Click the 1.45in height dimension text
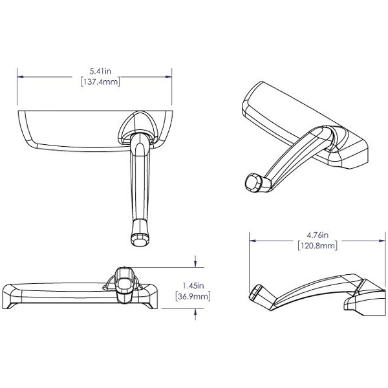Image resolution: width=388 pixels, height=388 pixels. click(x=193, y=285)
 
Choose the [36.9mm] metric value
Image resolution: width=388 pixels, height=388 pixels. click(x=193, y=296)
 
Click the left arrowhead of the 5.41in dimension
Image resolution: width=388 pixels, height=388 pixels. click(x=20, y=76)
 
